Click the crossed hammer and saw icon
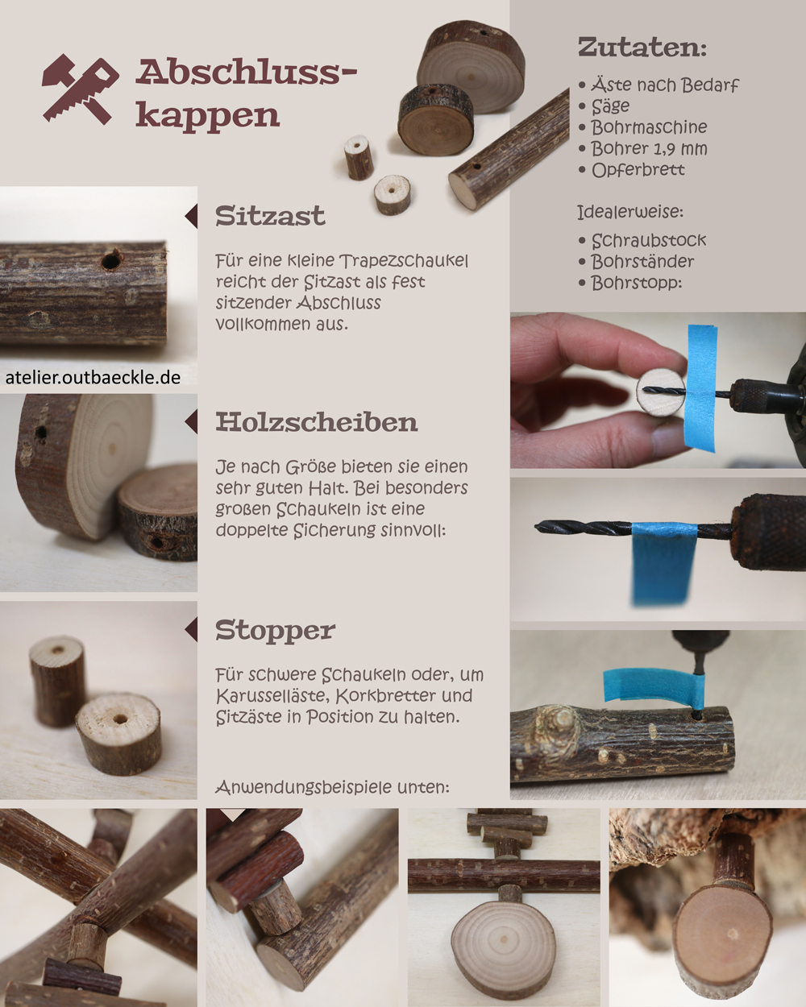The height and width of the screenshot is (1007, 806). tap(80, 89)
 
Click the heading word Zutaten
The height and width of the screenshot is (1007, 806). tap(642, 48)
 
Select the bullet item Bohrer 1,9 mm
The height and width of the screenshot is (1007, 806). tap(648, 148)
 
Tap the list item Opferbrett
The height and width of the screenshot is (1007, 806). tap(638, 170)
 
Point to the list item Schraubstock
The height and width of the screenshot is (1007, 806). tap(648, 240)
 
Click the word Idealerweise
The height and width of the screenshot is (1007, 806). tap(629, 212)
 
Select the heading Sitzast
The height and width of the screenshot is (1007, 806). tap(270, 216)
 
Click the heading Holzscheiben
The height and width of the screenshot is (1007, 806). tap(316, 422)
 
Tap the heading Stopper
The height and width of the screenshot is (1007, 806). tap(275, 630)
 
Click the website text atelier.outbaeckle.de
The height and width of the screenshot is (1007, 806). tap(93, 377)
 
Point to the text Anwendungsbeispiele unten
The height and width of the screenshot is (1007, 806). tap(332, 786)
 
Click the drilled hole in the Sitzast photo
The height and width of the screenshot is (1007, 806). tap(112, 259)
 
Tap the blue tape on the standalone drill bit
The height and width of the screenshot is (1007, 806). tap(663, 560)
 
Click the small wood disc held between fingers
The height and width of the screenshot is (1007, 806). tap(660, 392)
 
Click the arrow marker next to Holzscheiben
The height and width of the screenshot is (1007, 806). tap(191, 422)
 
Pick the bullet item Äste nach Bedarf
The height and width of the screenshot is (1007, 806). tap(664, 85)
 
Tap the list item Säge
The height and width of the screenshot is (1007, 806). tap(610, 106)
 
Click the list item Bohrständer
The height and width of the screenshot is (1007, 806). tap(642, 261)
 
